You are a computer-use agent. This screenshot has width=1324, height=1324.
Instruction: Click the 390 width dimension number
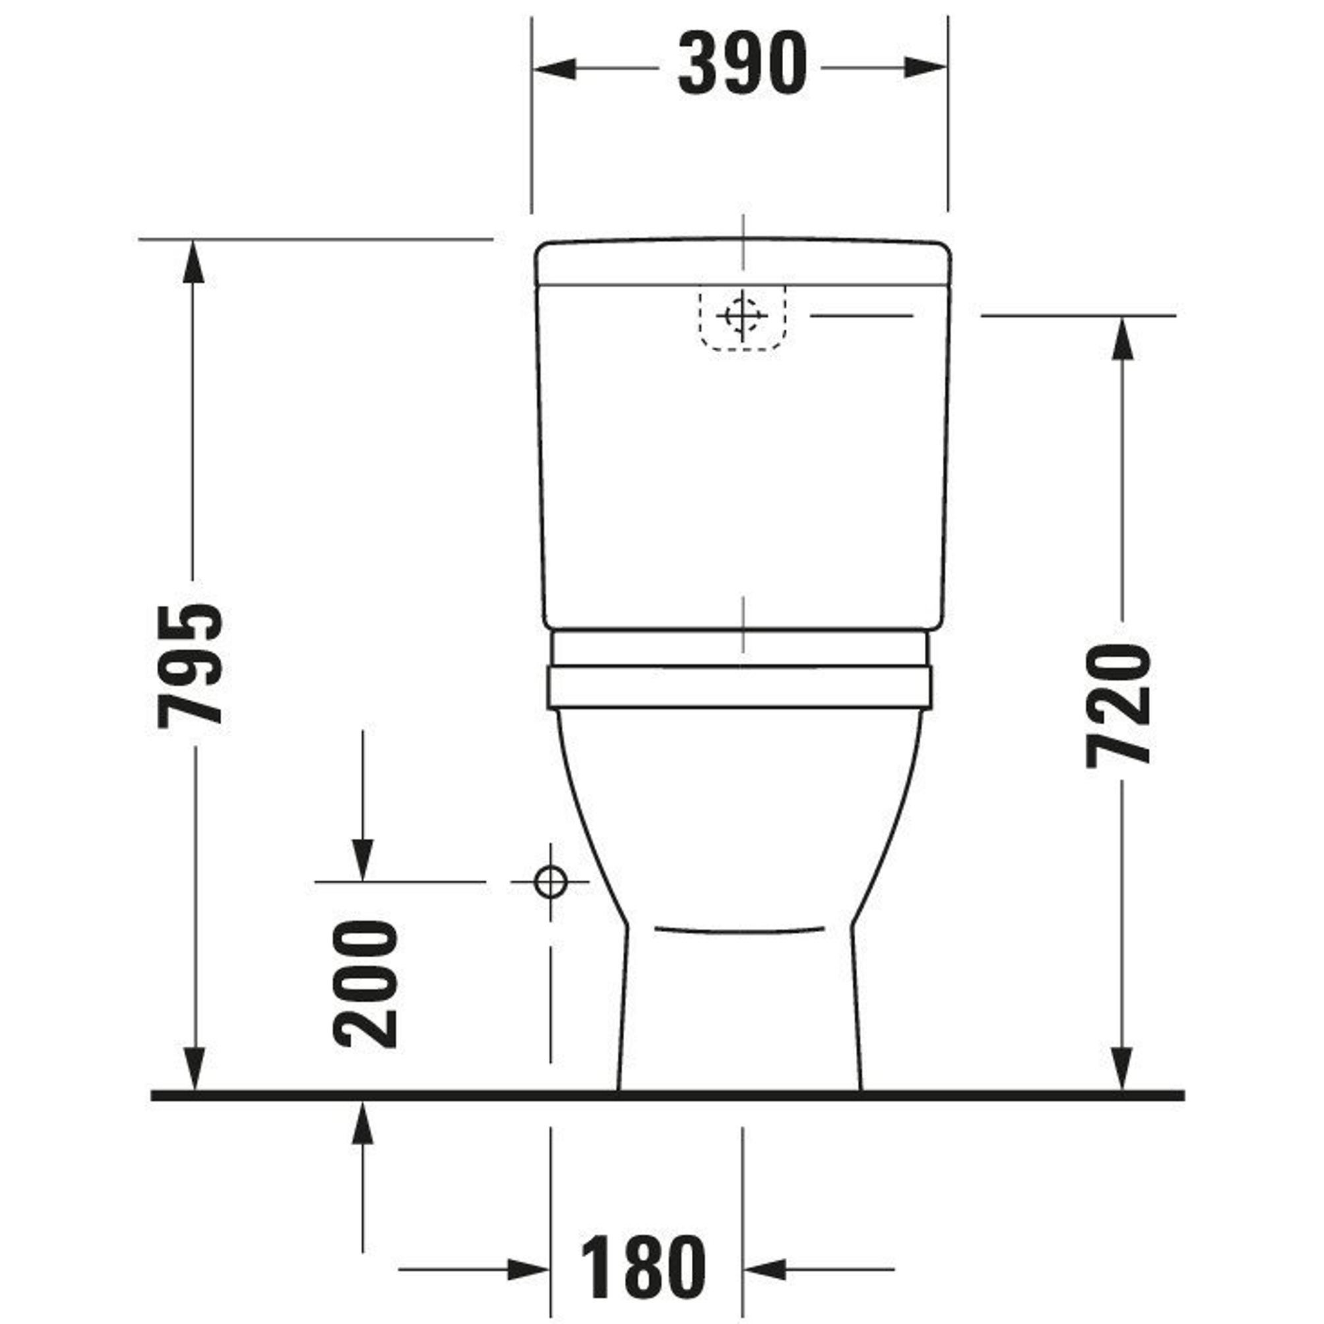743,64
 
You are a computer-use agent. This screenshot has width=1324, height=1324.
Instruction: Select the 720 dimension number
1119,704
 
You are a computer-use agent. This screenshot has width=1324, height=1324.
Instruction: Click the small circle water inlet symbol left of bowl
551,882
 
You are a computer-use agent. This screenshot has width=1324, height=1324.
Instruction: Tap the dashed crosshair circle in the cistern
742,315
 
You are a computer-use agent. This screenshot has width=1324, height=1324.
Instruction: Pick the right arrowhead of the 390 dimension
926,68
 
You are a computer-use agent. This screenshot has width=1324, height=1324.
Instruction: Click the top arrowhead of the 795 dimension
193,261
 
